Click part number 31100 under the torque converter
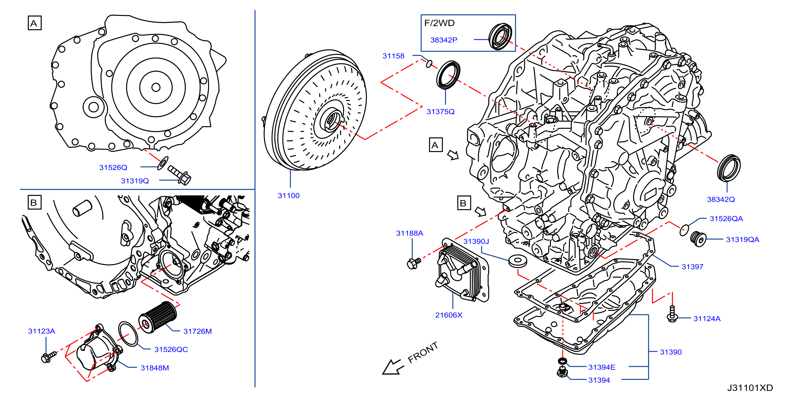pyautogui.click(x=288, y=196)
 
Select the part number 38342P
pyautogui.click(x=443, y=40)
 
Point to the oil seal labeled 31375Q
pyautogui.click(x=448, y=75)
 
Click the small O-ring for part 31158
pyautogui.click(x=429, y=64)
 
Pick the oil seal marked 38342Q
pyautogui.click(x=728, y=168)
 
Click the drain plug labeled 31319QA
pyautogui.click(x=698, y=239)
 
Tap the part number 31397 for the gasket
pyautogui.click(x=692, y=267)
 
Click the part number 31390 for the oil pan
pyautogui.click(x=670, y=352)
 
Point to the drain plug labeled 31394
pyautogui.click(x=562, y=372)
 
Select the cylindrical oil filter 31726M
pyautogui.click(x=158, y=317)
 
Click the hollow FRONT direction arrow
pyautogui.click(x=393, y=367)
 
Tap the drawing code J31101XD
pyautogui.click(x=750, y=388)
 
